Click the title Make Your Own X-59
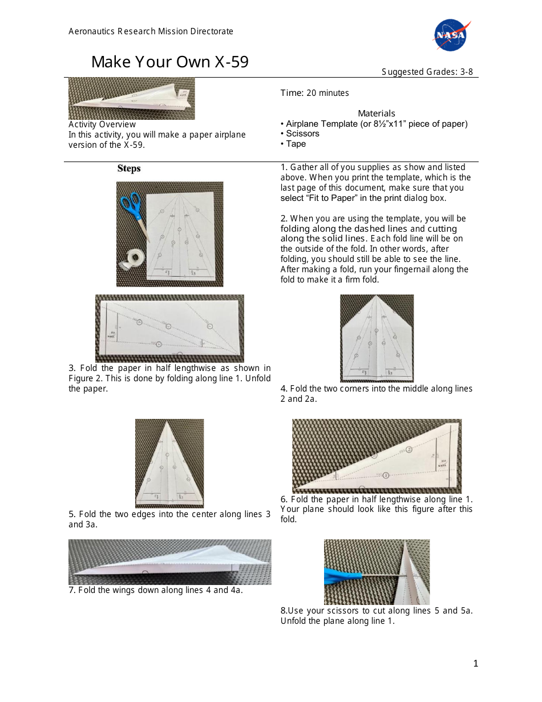[x=169, y=62]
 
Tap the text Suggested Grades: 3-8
[x=427, y=72]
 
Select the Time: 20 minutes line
[x=314, y=93]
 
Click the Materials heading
[x=376, y=114]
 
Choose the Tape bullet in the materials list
[x=295, y=144]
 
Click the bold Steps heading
[x=129, y=168]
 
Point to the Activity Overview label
[x=102, y=124]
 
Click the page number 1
[x=475, y=663]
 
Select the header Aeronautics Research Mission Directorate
[x=151, y=31]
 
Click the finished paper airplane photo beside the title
[x=131, y=99]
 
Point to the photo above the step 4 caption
[x=377, y=338]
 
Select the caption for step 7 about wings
[x=156, y=590]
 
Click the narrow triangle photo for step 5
[x=169, y=463]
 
